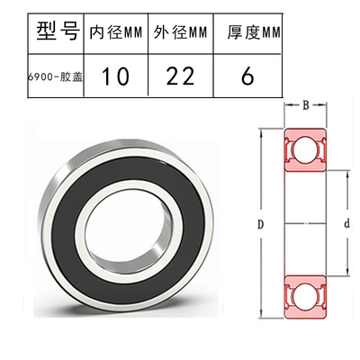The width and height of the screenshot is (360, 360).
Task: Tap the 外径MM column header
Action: tap(178, 34)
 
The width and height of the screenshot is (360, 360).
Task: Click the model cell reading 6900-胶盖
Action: tap(42, 77)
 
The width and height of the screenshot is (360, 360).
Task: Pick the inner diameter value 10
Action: tap(114, 77)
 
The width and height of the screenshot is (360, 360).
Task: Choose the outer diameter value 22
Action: tap(178, 77)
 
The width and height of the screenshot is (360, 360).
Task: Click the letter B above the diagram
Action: tap(305, 107)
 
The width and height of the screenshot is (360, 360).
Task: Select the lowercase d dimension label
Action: tap(346, 221)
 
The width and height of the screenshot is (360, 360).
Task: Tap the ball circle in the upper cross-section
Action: tap(305, 149)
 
